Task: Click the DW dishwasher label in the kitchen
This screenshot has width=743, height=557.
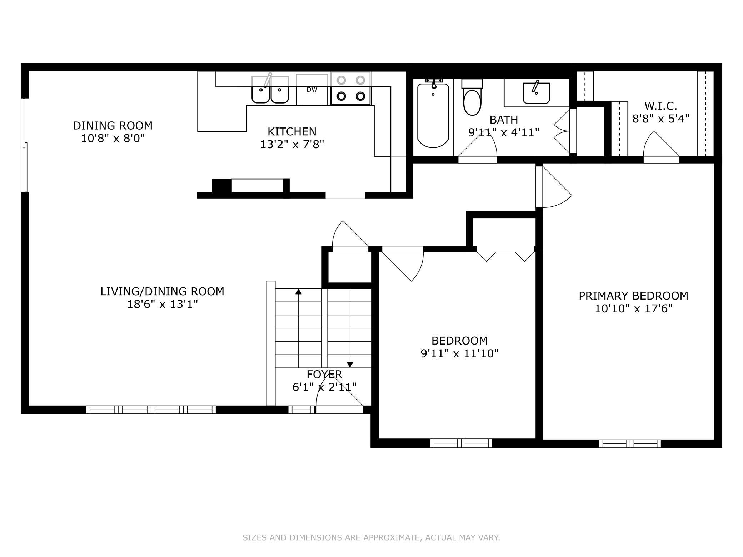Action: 312,90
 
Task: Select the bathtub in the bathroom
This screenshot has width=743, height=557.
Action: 433,115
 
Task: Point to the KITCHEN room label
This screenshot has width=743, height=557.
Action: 292,132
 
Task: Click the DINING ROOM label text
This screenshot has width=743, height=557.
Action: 113,126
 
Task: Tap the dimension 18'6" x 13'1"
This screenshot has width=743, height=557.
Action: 163,304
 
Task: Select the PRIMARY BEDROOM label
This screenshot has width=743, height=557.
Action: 633,296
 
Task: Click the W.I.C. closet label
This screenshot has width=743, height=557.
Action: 660,106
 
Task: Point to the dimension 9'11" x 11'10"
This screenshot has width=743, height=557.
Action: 459,353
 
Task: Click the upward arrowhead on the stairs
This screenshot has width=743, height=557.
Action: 299,292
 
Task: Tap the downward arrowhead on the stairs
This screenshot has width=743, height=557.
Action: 350,365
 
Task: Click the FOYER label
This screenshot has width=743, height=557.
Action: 324,374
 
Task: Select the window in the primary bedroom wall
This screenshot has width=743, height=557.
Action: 630,443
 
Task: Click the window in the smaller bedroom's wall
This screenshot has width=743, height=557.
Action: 461,443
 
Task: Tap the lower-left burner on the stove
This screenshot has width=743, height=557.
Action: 341,96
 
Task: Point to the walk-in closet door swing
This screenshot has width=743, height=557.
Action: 661,144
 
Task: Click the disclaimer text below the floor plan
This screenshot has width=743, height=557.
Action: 371,537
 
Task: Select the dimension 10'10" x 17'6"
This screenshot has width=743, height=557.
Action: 633,308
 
